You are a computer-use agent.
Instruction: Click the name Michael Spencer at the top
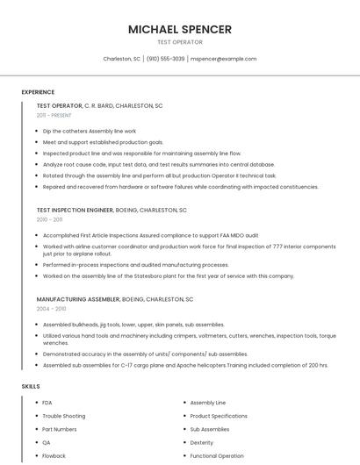click(x=180, y=29)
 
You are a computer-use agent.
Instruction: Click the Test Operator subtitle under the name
click(x=180, y=42)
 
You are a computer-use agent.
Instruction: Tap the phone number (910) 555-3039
click(x=165, y=59)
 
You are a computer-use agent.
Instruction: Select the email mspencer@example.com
click(x=223, y=59)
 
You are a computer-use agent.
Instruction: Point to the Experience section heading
click(x=38, y=92)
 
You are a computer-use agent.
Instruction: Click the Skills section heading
click(x=31, y=386)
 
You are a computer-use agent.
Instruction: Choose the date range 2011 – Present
click(x=54, y=115)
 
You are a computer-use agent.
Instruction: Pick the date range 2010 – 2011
click(x=51, y=219)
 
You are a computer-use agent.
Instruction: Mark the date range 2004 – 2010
click(x=51, y=309)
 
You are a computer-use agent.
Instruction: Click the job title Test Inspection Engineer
click(x=75, y=211)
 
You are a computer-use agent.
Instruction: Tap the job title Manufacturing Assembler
click(x=78, y=299)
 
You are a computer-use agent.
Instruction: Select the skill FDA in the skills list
click(x=47, y=403)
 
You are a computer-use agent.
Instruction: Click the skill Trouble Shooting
click(x=64, y=416)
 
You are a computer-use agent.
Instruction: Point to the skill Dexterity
click(x=202, y=443)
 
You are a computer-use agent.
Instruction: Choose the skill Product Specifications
click(x=219, y=416)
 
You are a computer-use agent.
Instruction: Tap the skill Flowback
click(x=54, y=456)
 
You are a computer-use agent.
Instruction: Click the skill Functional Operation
click(x=217, y=456)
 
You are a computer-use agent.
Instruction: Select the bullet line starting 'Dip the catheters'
click(x=90, y=131)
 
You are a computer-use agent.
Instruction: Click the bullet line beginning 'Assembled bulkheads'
click(x=133, y=325)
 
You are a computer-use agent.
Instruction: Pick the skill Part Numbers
click(x=60, y=429)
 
